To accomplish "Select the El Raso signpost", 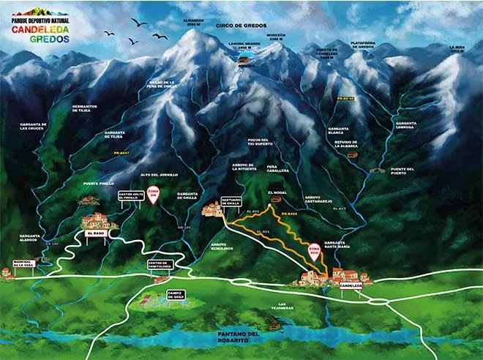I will [x=96, y=233].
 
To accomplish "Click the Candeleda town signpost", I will [x=352, y=285].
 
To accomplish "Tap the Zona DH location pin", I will [x=153, y=195].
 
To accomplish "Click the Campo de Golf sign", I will [x=176, y=294].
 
